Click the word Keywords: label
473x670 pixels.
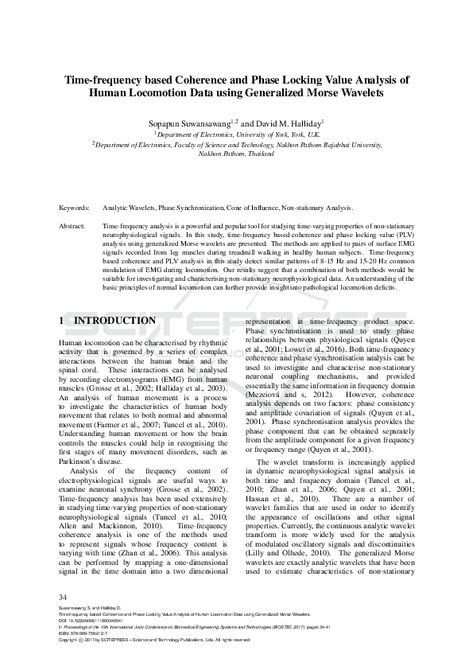(x=74, y=208)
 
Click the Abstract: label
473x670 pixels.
(x=72, y=227)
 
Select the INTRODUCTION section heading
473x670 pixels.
(x=108, y=321)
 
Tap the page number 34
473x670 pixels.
(x=64, y=597)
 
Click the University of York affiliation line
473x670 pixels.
(x=236, y=135)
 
